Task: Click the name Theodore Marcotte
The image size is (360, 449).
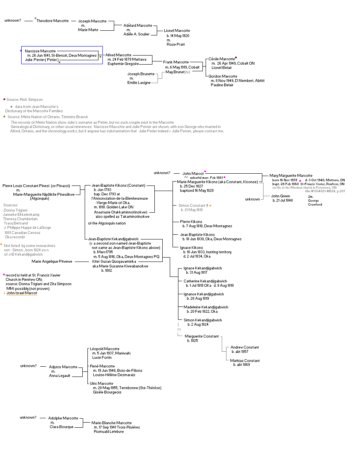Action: click(x=52, y=21)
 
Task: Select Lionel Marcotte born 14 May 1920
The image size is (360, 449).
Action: click(x=177, y=31)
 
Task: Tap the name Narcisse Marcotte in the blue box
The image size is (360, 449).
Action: click(x=40, y=51)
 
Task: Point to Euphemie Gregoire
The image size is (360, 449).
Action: click(x=123, y=64)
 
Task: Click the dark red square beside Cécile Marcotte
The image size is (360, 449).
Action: click(x=236, y=58)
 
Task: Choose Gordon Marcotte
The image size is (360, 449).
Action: click(x=223, y=76)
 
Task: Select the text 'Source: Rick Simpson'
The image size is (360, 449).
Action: click(x=24, y=100)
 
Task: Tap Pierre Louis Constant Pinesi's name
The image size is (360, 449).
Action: click(x=36, y=186)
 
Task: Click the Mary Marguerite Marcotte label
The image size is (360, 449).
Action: click(x=291, y=176)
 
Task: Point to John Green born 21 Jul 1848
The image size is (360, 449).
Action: click(x=280, y=196)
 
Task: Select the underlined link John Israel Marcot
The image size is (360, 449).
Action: click(x=22, y=293)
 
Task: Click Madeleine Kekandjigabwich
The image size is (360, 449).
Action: click(x=206, y=307)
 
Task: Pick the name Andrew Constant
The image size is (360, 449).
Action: click(x=245, y=347)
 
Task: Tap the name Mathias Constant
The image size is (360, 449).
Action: click(x=245, y=360)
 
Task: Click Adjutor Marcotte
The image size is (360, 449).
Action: click(x=63, y=367)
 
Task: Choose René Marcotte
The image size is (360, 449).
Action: click(x=102, y=366)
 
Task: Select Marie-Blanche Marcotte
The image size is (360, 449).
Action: click(x=111, y=423)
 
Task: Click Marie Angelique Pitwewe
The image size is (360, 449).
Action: click(x=52, y=261)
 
